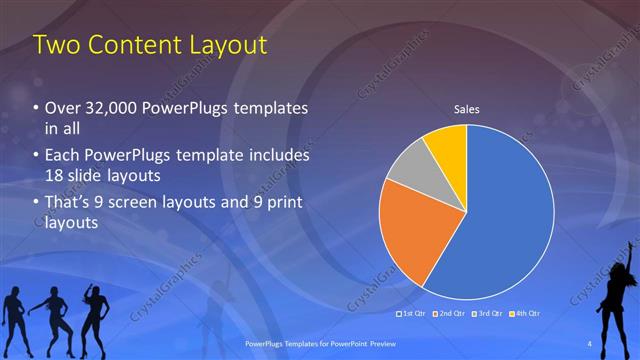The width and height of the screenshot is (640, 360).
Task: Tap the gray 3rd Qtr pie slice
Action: [410, 166]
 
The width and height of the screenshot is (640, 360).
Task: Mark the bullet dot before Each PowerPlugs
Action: [36, 157]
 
